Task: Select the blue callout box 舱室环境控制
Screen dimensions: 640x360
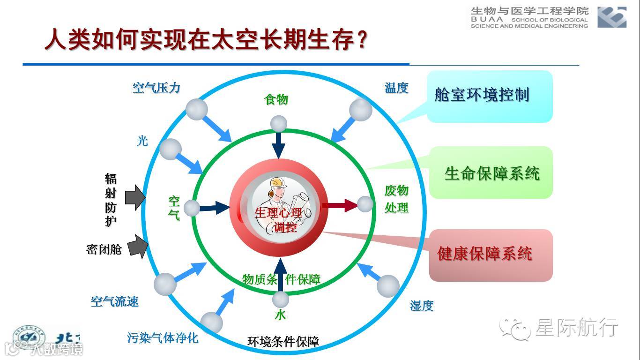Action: pos(490,96)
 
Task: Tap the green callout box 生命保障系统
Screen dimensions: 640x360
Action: pos(491,173)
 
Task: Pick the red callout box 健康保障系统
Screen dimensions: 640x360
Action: pos(491,255)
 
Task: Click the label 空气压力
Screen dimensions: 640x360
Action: pos(156,88)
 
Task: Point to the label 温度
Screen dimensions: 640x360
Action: pos(396,88)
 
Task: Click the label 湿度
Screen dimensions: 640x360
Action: pos(422,306)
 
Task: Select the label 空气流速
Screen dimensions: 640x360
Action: pos(115,301)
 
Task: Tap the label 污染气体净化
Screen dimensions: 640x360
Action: pos(163,337)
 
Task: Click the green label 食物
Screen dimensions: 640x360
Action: pos(276,99)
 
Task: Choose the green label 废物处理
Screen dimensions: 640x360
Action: pos(396,199)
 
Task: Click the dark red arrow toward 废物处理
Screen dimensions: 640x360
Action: pos(340,205)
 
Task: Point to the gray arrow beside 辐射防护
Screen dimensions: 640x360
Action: pos(135,197)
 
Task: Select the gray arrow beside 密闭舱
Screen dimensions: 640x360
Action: pos(137,247)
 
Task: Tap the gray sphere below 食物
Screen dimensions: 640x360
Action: pos(278,124)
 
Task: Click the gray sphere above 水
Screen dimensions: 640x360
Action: pos(281,300)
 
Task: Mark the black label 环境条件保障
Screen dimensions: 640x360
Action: pos(283,342)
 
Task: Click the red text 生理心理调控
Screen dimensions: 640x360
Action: pos(279,219)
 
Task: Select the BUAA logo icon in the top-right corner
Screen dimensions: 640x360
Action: pos(612,17)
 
